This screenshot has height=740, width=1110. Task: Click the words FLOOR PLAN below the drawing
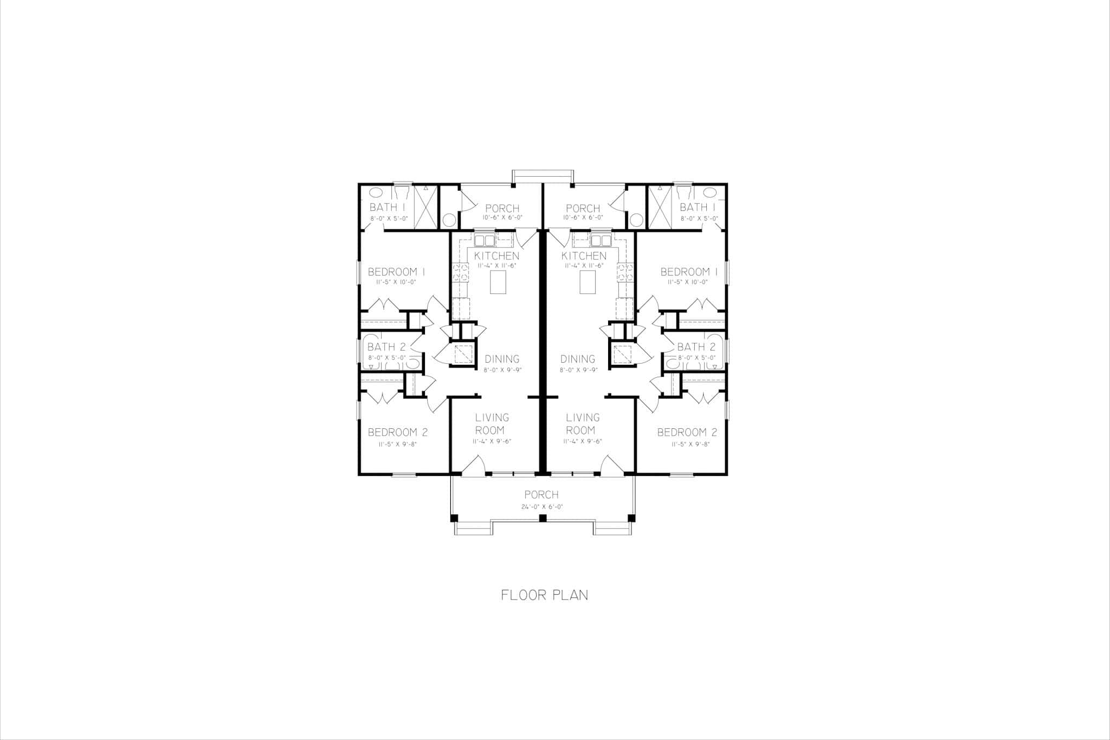544,595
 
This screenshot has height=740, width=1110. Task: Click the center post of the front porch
542,519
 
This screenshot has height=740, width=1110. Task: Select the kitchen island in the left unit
498,282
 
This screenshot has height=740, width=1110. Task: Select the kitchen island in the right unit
588,282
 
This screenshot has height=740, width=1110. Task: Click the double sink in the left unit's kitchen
485,240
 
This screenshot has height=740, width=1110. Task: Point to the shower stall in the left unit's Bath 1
425,207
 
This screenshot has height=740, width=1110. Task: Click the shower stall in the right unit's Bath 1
660,207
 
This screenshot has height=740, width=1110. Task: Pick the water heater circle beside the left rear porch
449,220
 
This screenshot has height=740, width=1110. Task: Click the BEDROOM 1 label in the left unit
396,272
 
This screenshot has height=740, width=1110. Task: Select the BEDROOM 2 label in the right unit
687,432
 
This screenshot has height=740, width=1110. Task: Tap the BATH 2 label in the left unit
386,347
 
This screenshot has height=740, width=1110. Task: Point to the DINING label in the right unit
578,359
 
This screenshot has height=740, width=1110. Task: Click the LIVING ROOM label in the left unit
492,423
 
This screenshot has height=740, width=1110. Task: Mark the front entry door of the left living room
473,467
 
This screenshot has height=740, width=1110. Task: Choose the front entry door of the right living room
612,467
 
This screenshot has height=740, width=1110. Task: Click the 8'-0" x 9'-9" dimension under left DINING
502,370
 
